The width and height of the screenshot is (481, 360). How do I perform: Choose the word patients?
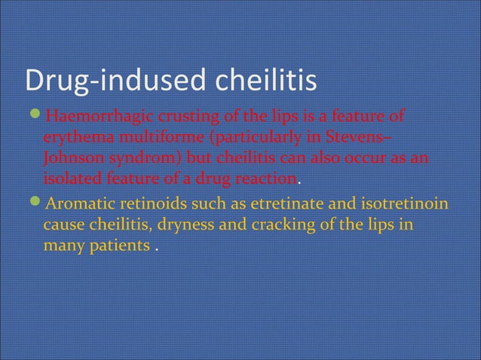pos(116,246)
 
